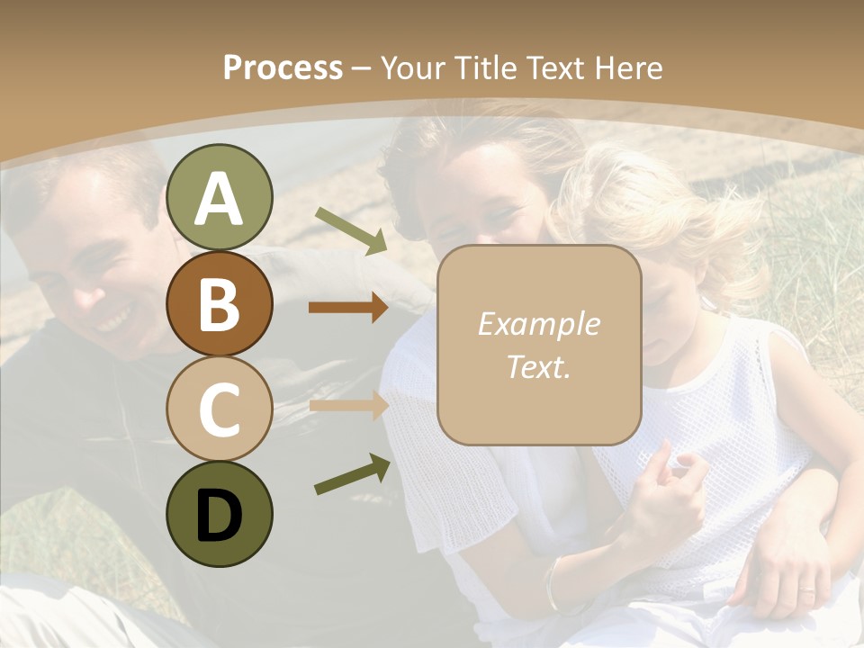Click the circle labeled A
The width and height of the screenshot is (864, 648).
(x=219, y=197)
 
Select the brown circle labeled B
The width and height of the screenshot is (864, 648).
(x=219, y=303)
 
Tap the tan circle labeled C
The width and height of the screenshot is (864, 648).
(x=219, y=409)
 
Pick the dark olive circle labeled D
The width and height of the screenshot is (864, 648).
(x=219, y=514)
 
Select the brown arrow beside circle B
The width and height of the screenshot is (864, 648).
(x=348, y=308)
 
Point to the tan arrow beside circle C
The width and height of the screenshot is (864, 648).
(x=348, y=406)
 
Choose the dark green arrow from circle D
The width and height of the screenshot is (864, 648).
(x=352, y=475)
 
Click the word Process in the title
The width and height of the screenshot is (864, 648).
(x=283, y=68)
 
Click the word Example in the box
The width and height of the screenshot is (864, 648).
(x=538, y=324)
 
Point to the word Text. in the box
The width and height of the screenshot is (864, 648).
(x=538, y=366)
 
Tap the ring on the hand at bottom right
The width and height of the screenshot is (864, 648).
(x=807, y=591)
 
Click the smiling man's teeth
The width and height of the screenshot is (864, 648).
(x=114, y=319)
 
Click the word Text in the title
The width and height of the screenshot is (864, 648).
(x=554, y=68)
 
